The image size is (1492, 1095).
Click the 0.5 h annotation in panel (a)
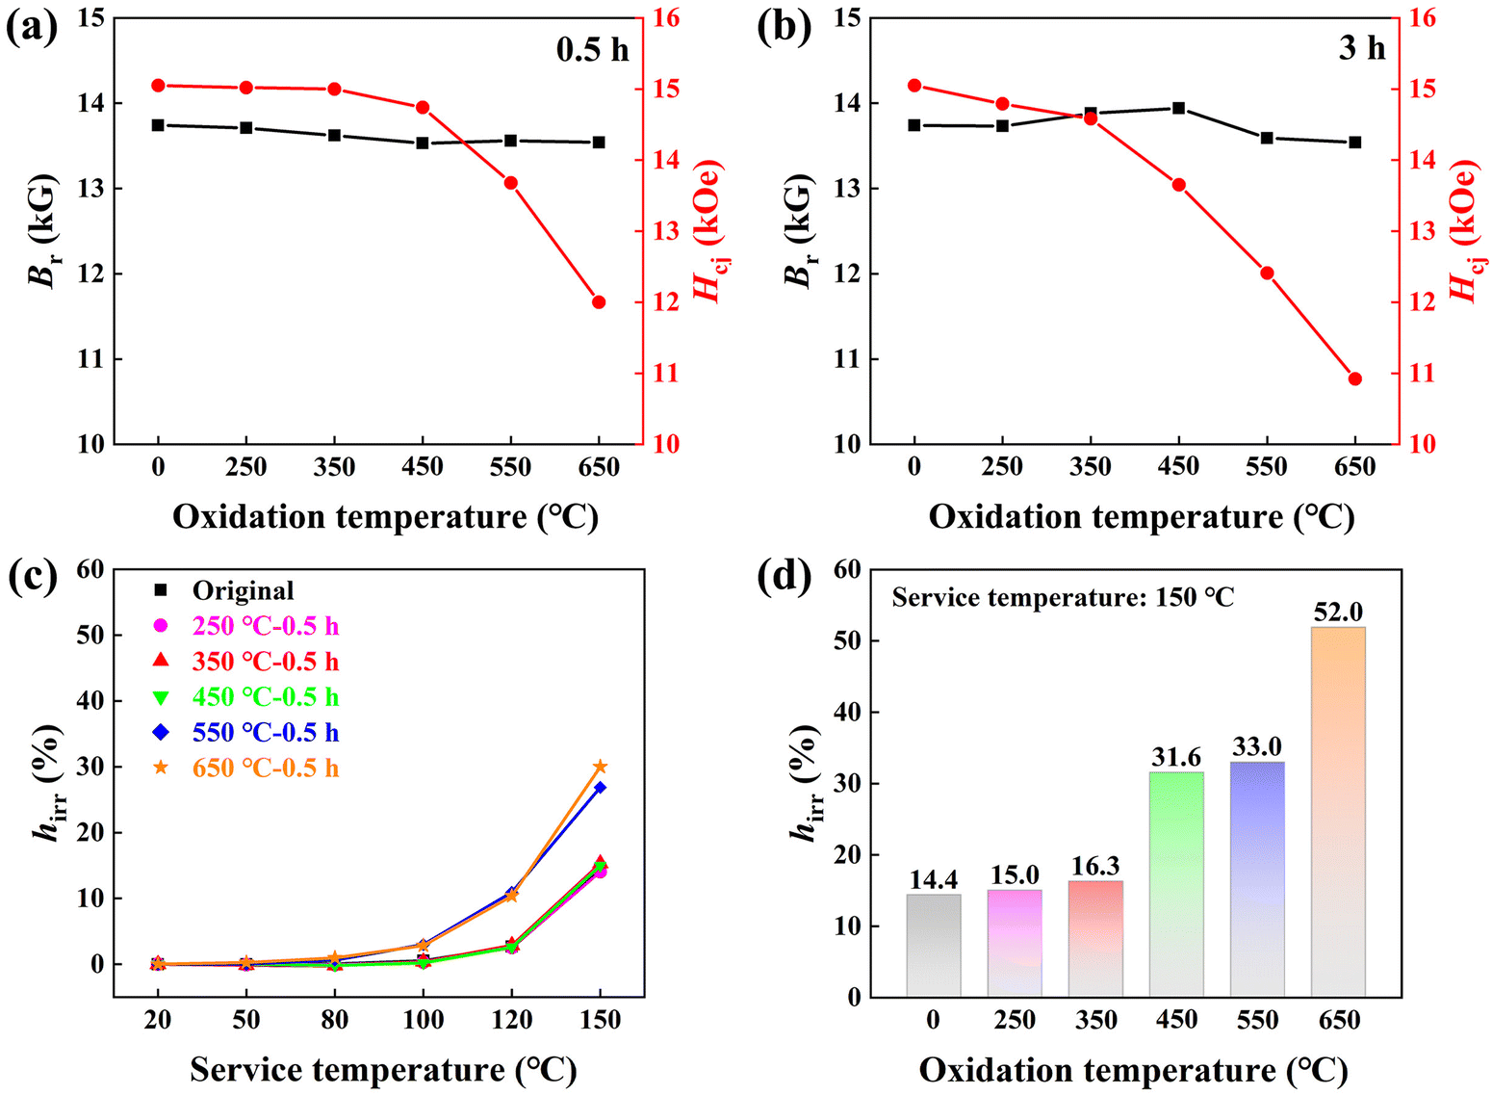click(x=592, y=49)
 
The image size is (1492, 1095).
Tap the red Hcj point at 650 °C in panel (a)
click(x=599, y=302)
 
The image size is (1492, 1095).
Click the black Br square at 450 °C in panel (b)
click(x=1178, y=108)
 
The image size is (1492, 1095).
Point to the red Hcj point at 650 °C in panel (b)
click(x=1355, y=378)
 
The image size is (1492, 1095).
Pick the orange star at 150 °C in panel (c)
click(x=600, y=767)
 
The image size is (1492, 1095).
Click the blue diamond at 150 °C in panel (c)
click(x=600, y=788)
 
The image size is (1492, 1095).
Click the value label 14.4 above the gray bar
click(x=934, y=879)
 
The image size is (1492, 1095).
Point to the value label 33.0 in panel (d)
click(x=1257, y=747)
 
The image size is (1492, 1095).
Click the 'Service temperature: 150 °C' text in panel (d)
click(x=1063, y=597)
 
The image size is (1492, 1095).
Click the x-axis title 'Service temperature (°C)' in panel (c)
click(x=383, y=1070)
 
